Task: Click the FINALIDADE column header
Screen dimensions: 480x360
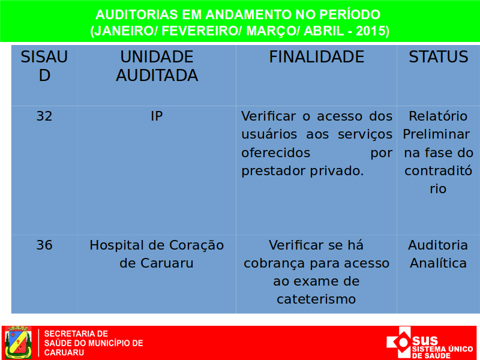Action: coord(317,57)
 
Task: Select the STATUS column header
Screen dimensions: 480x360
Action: coord(439,57)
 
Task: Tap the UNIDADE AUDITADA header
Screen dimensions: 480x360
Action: coord(157,66)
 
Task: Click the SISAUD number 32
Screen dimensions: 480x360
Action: coord(44,116)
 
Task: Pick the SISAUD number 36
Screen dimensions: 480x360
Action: coord(44,245)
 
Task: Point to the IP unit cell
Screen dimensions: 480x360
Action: coord(157,116)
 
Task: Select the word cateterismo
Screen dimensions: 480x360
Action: coord(316,299)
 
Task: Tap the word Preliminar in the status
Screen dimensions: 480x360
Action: coord(436,134)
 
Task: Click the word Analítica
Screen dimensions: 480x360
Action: coord(438,263)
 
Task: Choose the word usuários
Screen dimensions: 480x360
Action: coord(269,134)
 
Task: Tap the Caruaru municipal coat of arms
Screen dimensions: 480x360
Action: coord(18,342)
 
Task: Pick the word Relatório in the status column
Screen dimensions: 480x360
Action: coord(438,116)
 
